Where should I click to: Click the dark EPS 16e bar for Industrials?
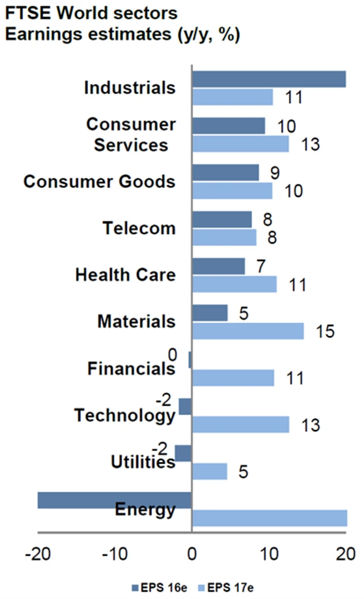pos(269,80)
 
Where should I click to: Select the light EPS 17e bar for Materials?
pos(248,331)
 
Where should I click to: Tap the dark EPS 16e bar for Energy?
pos(114,500)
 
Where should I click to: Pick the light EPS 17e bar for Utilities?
pos(210,472)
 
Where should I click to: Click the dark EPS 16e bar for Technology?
pos(185,407)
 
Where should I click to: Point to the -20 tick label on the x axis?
pos(38,553)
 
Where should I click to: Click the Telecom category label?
pos(139,228)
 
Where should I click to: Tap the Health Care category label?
pos(125,275)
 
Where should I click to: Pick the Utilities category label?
pos(142,462)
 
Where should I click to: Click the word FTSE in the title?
pos(28,13)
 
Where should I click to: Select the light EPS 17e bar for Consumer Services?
pos(241,144)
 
